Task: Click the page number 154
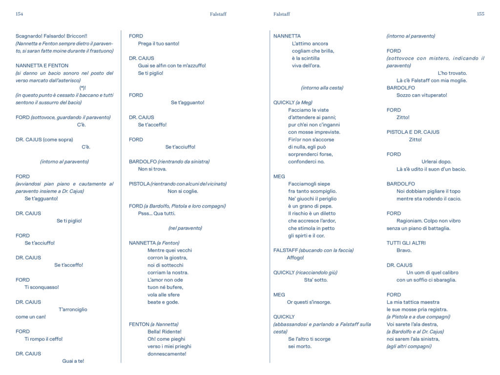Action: pos(20,14)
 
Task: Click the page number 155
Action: pos(480,14)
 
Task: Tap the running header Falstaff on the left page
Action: pos(218,14)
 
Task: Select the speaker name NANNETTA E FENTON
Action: pos(42,65)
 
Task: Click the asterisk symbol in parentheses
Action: pos(83,88)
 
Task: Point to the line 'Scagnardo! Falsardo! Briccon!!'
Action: pos(51,36)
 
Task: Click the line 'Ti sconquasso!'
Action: pos(42,287)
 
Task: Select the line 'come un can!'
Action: pos(31,317)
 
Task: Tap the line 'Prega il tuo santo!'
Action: pos(159,43)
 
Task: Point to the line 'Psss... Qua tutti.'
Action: pos(157,213)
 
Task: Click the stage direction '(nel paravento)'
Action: pos(185,228)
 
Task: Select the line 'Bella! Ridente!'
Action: pos(164,332)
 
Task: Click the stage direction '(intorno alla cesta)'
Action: pos(322,88)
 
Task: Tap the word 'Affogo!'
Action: pos(295,258)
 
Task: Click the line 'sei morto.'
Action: pos(300,346)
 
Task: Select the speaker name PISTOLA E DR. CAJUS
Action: pos(413,132)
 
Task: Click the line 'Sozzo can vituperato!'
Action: pos(422,95)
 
